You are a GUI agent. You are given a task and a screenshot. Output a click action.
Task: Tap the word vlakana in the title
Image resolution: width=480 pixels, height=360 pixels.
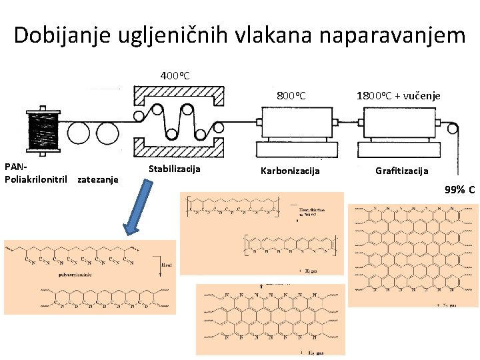[255, 35]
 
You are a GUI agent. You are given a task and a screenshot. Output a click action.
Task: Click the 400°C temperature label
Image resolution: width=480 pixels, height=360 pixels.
[175, 75]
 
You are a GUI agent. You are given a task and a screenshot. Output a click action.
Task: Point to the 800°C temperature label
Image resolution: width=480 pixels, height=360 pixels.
[291, 96]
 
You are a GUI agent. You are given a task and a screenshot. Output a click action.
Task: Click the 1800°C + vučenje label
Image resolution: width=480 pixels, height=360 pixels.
[398, 96]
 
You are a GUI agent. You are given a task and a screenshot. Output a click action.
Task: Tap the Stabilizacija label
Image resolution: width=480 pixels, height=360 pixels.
[174, 169]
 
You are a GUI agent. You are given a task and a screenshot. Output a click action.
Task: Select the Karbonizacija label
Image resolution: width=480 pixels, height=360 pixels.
[290, 171]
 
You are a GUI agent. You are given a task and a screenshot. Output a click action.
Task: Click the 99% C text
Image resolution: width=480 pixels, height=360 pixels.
[459, 190]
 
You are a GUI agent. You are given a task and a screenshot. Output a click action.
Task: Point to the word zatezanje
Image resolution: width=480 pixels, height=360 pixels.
[98, 179]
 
